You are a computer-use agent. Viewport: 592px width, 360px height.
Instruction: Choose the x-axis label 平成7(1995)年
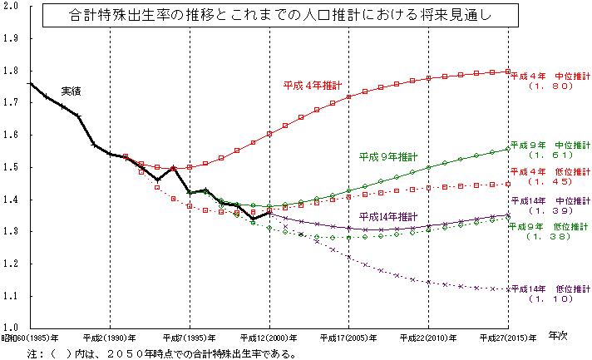[190, 338]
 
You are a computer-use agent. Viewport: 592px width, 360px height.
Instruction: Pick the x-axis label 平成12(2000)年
[269, 338]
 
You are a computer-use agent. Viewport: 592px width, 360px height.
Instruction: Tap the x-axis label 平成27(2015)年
[508, 338]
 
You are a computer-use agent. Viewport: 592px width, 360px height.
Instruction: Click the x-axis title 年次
[560, 338]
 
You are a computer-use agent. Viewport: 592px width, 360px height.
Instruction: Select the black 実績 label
[72, 90]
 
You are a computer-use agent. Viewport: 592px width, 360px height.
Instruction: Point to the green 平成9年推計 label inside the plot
[388, 156]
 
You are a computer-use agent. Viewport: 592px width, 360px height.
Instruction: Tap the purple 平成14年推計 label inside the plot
[388, 216]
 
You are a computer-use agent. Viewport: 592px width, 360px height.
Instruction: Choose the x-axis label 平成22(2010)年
[428, 338]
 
